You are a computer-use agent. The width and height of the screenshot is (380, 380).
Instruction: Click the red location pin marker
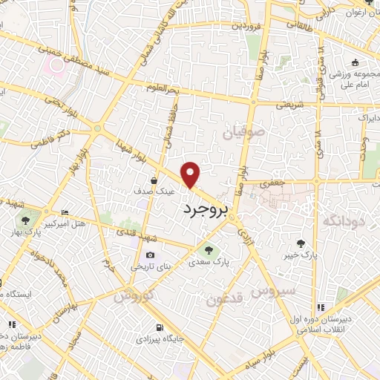pyautogui.click(x=191, y=174)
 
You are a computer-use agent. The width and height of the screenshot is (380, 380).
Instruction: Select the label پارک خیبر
pyautogui.click(x=300, y=255)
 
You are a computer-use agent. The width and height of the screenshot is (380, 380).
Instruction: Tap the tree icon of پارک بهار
pyautogui.click(x=25, y=220)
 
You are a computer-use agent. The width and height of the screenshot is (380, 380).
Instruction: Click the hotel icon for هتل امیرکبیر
pyautogui.click(x=65, y=212)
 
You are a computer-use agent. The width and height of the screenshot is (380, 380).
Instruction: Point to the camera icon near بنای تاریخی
pyautogui.click(x=151, y=255)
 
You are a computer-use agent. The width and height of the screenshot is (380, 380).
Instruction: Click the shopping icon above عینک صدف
pyautogui.click(x=154, y=180)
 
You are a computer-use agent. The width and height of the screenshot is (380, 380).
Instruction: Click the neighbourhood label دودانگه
pyautogui.click(x=342, y=220)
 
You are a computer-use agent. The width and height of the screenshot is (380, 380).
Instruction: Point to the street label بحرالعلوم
pyautogui.click(x=164, y=88)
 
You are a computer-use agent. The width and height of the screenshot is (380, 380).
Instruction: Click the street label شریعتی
pyautogui.click(x=290, y=105)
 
